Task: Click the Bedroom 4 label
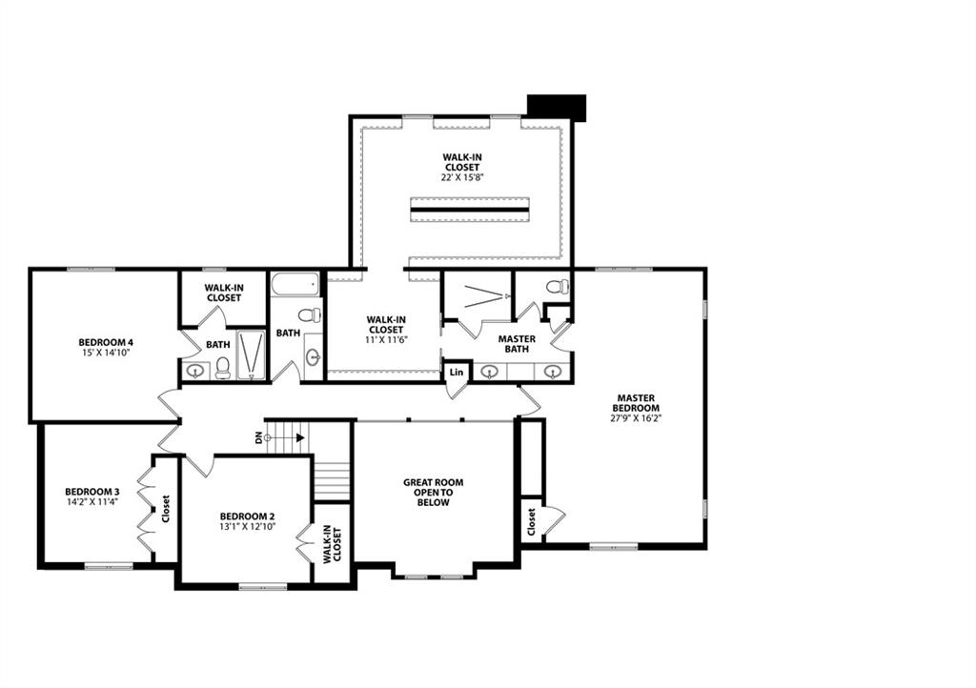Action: (x=105, y=342)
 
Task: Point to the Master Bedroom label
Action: (x=638, y=403)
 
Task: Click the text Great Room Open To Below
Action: (x=433, y=493)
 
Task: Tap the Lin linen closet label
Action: (x=457, y=371)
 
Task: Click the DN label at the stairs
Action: (x=258, y=438)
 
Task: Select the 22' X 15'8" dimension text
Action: (x=460, y=177)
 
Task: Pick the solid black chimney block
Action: (x=557, y=107)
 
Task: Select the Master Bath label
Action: (x=517, y=344)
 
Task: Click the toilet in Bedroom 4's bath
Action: (x=222, y=368)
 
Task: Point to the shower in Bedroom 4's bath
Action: (x=251, y=354)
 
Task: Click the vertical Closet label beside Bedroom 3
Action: (x=166, y=509)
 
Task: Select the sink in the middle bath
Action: (x=315, y=357)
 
